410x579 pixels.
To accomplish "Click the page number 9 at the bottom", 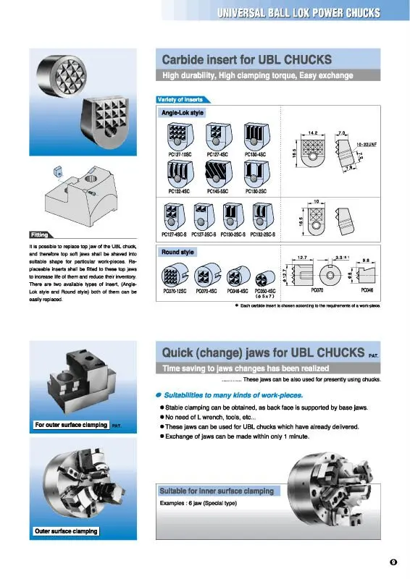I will pos(393,562).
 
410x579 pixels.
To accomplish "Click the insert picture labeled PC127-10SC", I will pos(177,135).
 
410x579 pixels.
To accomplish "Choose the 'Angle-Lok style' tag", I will pos(182,114).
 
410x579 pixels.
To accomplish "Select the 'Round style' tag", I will pos(177,252).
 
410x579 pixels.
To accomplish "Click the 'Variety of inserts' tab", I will pos(180,99).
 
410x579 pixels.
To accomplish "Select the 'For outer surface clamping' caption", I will pos(70,425).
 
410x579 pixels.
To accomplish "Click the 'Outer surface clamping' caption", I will pos(65,532).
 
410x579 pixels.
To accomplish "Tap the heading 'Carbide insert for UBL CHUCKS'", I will pos(247,59).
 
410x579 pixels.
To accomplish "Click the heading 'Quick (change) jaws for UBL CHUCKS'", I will pos(262,352).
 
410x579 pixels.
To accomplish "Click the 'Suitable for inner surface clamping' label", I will pos(217,491).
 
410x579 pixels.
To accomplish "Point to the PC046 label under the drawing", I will pos(367,289).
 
